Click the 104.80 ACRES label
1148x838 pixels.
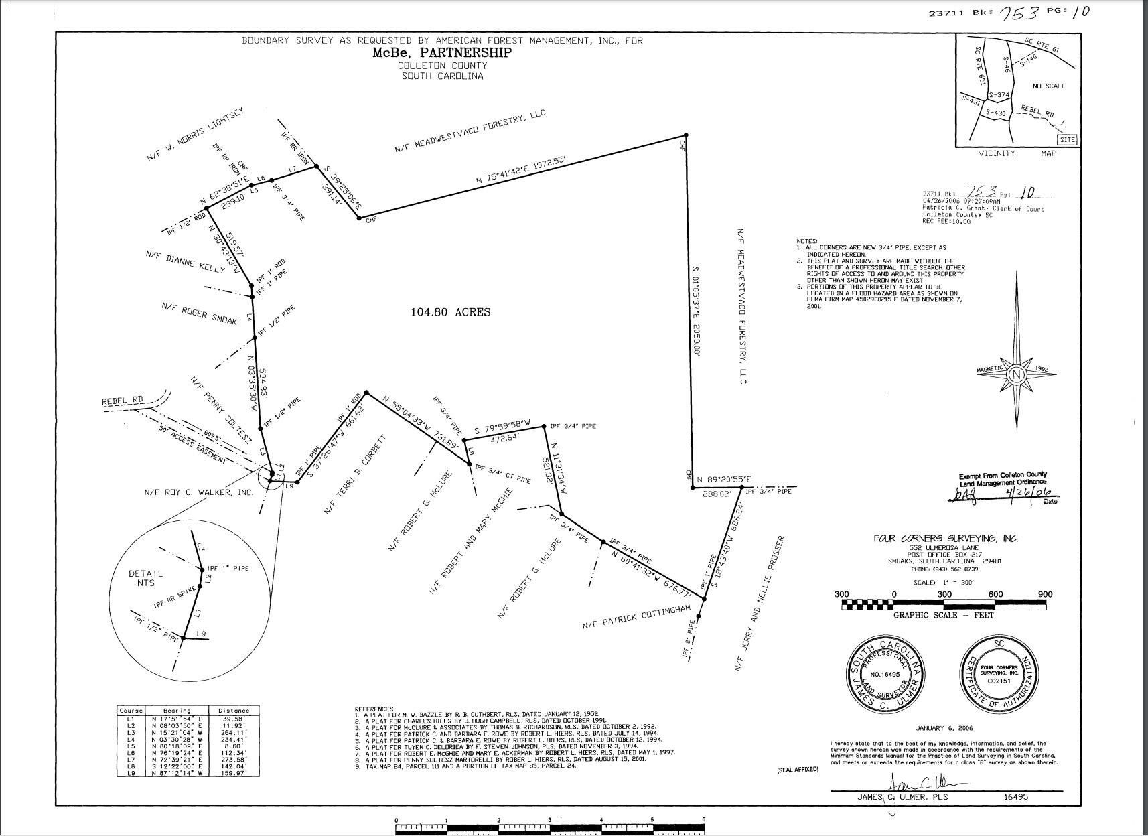(x=449, y=312)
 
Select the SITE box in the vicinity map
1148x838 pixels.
(x=1067, y=140)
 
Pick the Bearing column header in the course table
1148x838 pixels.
(x=177, y=711)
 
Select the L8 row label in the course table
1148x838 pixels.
(x=130, y=766)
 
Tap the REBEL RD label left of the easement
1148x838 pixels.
(x=123, y=401)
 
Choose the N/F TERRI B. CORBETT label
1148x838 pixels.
(x=355, y=475)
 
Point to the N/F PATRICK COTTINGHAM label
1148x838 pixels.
(x=636, y=617)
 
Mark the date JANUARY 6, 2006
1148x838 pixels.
(x=944, y=728)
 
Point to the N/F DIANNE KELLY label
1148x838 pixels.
(x=186, y=261)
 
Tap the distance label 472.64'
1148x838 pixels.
(x=492, y=439)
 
